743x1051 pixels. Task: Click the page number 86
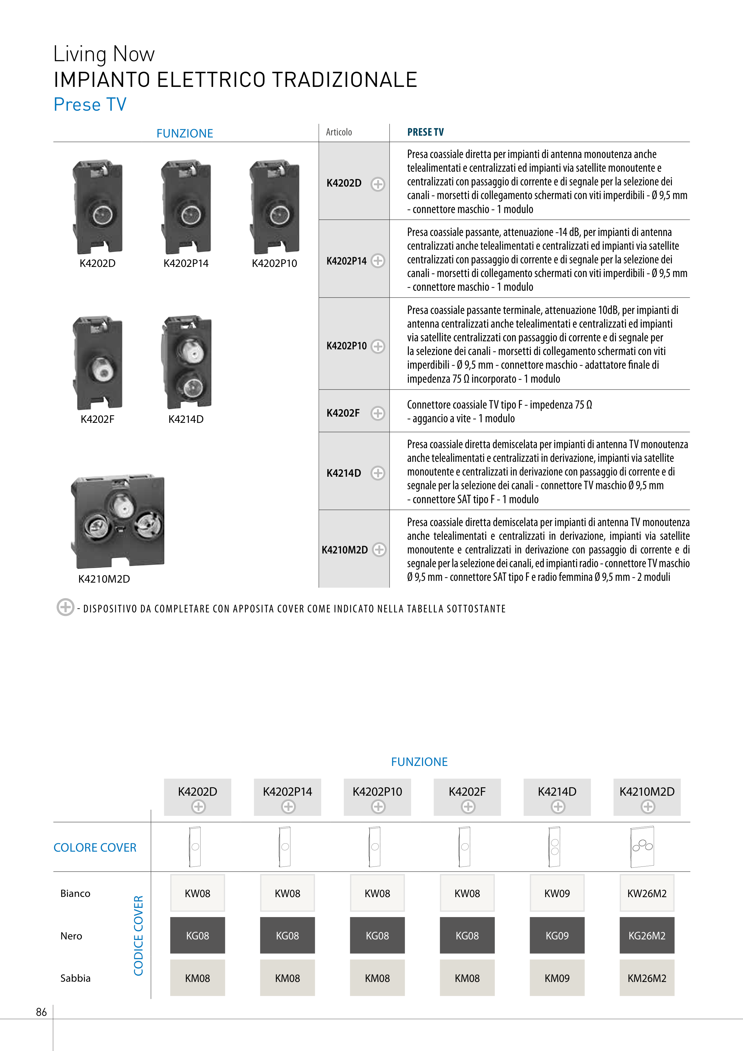[41, 1012]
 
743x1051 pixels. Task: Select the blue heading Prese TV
[90, 104]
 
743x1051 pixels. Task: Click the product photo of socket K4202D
[98, 207]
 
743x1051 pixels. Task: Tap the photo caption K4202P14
[186, 264]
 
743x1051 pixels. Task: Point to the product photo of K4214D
[187, 362]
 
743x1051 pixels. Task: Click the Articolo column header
[339, 132]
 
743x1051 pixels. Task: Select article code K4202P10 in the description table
[347, 346]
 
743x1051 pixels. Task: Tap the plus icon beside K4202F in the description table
[378, 413]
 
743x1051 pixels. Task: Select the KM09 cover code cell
[557, 978]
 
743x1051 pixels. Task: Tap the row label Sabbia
[76, 978]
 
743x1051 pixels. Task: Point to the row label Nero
[71, 936]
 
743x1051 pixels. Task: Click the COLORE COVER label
[95, 848]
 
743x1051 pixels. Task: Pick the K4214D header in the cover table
[557, 792]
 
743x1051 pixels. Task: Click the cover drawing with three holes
[642, 847]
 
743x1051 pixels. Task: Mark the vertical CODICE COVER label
[138, 936]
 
